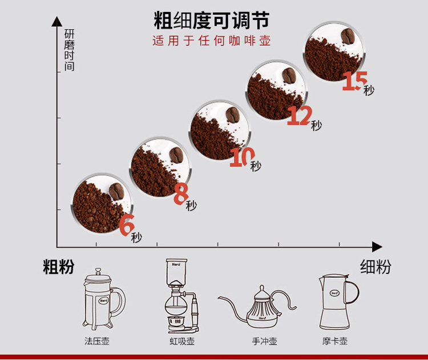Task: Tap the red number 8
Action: click(x=181, y=193)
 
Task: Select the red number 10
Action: click(x=240, y=156)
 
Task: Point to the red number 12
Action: click(x=298, y=116)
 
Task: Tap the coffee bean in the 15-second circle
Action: click(x=349, y=38)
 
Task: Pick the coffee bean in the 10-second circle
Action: click(x=232, y=115)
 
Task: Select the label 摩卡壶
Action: click(x=335, y=342)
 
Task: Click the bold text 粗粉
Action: click(x=58, y=267)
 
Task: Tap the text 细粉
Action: click(x=375, y=266)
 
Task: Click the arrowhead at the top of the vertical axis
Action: click(x=56, y=22)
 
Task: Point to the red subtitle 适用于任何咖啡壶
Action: click(x=211, y=41)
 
